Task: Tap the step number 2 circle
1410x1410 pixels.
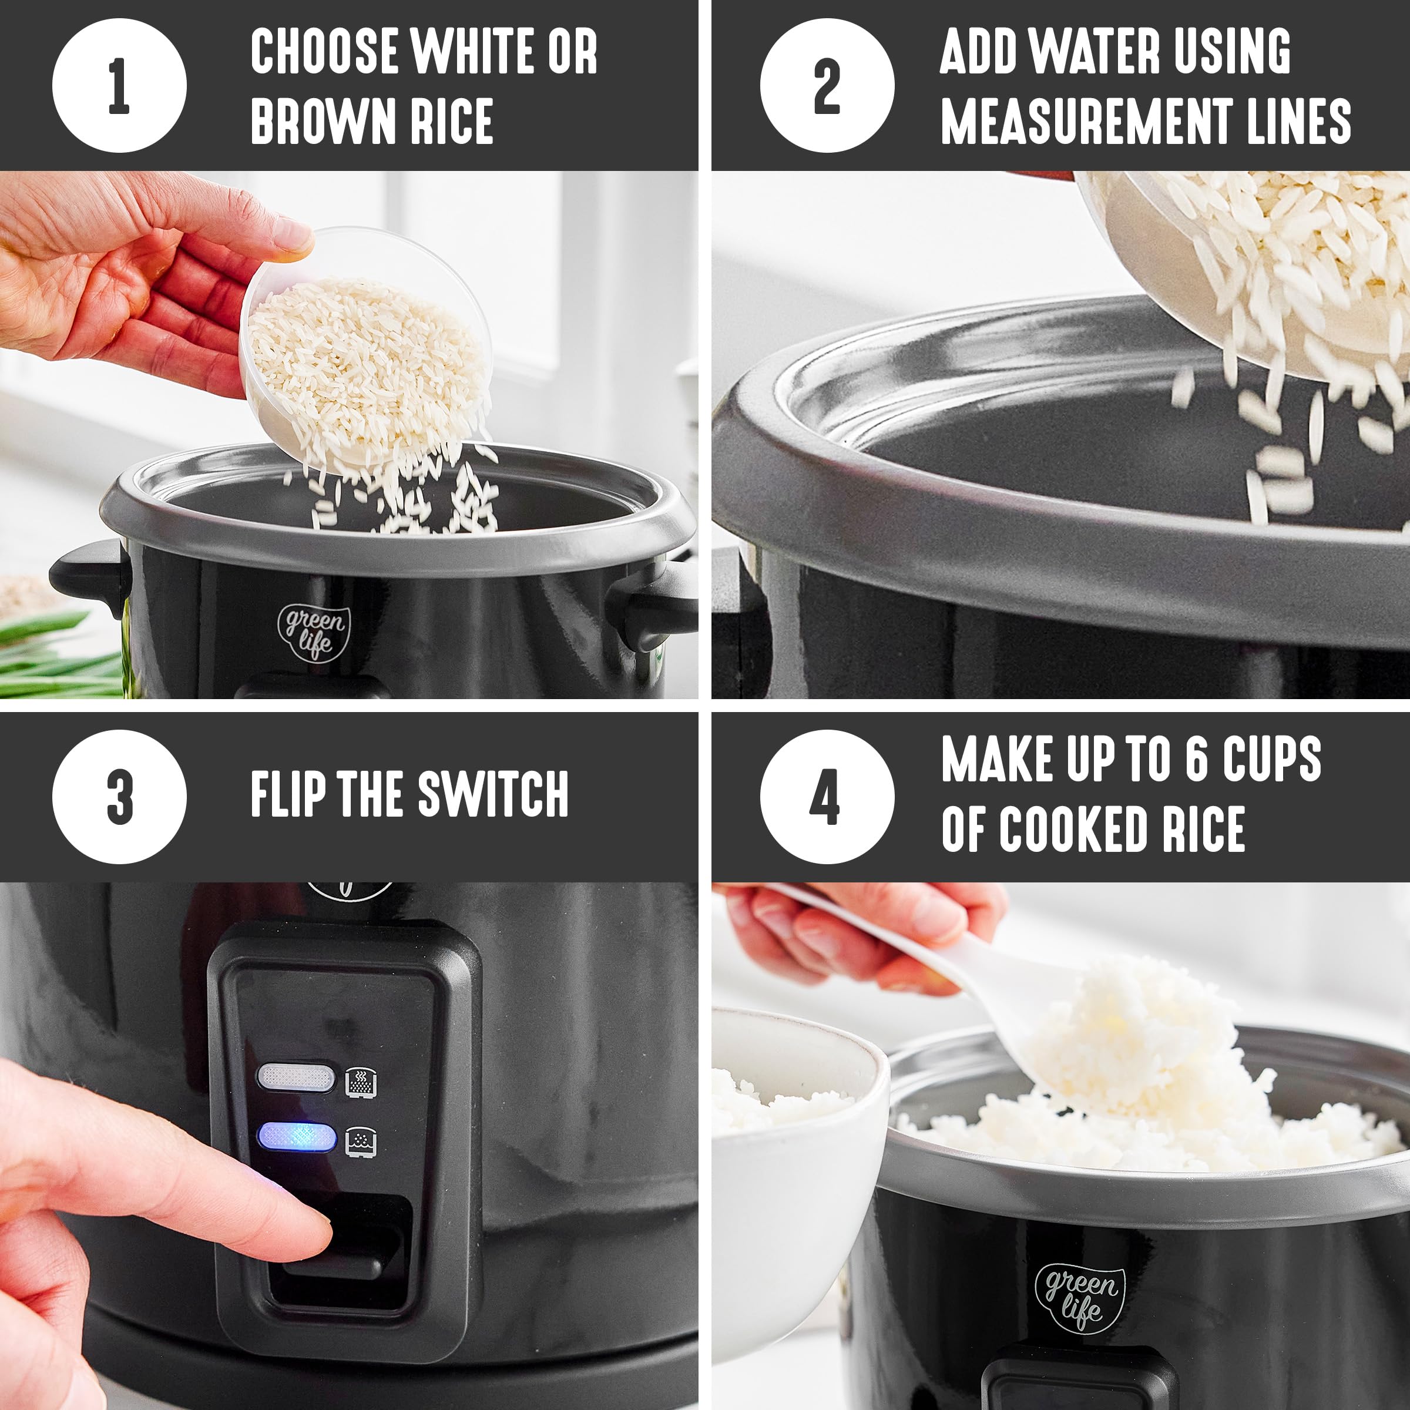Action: coord(827,85)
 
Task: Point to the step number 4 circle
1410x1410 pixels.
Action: coord(827,797)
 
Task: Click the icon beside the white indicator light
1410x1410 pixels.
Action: coord(361,1081)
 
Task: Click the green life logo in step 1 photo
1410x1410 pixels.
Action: coord(314,632)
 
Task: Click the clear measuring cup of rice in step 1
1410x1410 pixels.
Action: coord(365,350)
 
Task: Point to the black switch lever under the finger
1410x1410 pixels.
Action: coord(343,1250)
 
